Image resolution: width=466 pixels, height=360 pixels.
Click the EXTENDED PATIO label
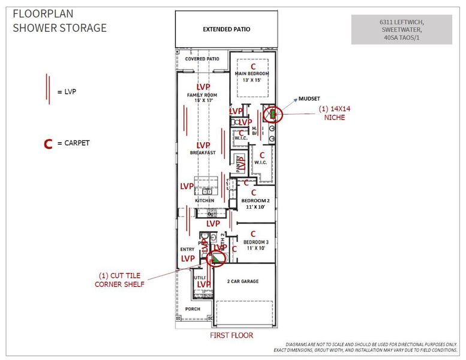point(226,29)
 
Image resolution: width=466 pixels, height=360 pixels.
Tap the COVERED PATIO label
point(203,59)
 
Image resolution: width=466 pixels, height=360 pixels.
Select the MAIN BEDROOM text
point(252,74)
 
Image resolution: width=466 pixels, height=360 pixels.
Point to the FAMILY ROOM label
point(202,95)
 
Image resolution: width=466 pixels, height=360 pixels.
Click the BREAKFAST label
point(203,152)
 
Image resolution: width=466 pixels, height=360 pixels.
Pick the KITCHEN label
point(205,200)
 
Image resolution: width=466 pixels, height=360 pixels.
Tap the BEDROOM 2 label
point(255,200)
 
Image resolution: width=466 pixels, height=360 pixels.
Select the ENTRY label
point(188,249)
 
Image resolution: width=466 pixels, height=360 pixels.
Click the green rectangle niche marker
point(272,113)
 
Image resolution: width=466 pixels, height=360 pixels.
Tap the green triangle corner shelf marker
point(213,259)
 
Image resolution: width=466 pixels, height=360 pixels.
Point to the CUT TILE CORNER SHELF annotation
point(120,280)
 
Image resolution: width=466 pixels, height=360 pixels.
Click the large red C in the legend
point(48,144)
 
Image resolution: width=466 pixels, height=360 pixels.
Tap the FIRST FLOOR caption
point(231,335)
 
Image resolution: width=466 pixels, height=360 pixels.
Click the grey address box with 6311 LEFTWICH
point(401,29)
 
